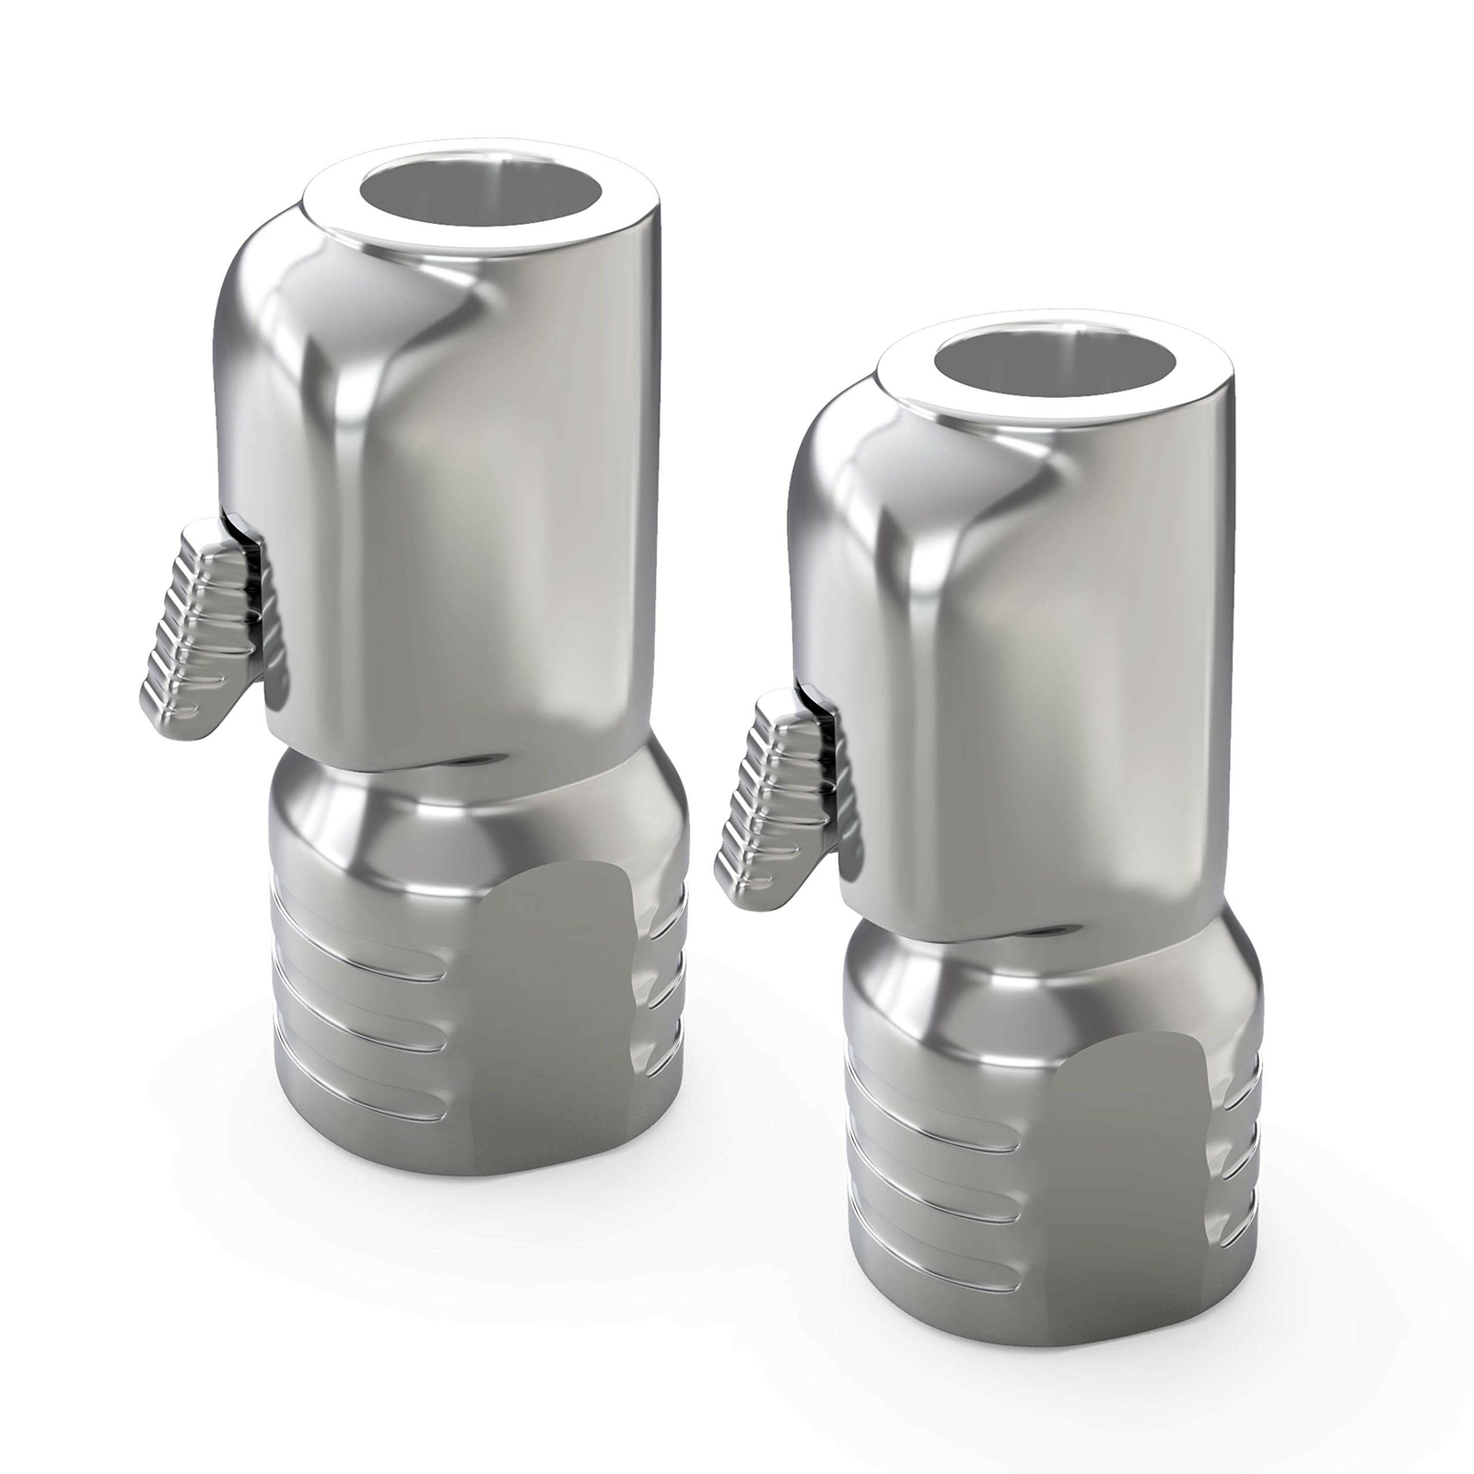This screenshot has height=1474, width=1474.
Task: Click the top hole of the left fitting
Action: click(x=481, y=198)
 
